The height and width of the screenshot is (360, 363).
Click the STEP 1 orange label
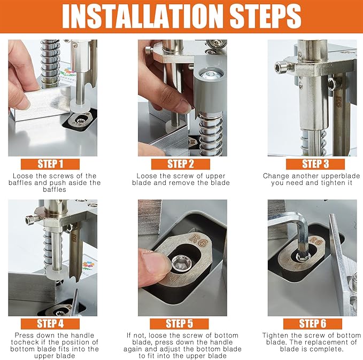tap(50, 164)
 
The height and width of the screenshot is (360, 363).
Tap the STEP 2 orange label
tap(181, 164)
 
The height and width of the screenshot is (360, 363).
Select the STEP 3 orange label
tap(315, 164)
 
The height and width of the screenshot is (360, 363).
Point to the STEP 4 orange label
tap(50, 324)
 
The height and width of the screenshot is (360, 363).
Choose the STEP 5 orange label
tap(179, 324)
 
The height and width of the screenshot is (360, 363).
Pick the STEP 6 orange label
tap(313, 324)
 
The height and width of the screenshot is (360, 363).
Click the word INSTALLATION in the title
tap(143, 16)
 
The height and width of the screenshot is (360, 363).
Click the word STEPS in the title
tap(265, 16)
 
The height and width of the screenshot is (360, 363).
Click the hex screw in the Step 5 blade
tap(182, 263)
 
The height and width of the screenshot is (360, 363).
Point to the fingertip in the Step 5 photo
tap(155, 264)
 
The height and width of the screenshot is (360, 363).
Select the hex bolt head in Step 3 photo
tap(281, 67)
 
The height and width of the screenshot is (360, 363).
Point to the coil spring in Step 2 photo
tap(211, 134)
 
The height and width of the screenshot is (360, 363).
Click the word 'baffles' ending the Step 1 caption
tap(55, 190)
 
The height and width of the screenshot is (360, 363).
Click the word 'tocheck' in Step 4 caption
tap(22, 342)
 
